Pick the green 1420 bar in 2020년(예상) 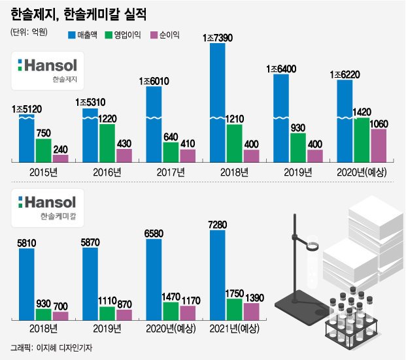(362, 139)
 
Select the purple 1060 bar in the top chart (378, 144)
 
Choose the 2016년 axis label (107, 172)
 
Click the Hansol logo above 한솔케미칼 (48, 203)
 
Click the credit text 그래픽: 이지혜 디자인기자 (52, 348)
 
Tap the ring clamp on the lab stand (311, 246)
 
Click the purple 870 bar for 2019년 (124, 314)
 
